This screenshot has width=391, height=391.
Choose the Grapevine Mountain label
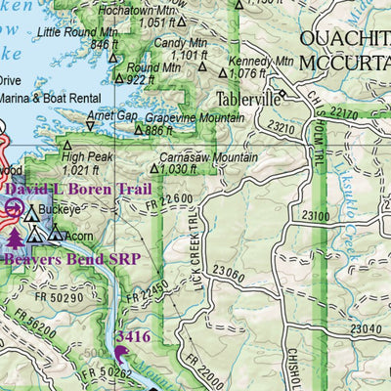tap(195, 117)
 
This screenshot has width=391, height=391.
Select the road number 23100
tap(316, 214)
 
